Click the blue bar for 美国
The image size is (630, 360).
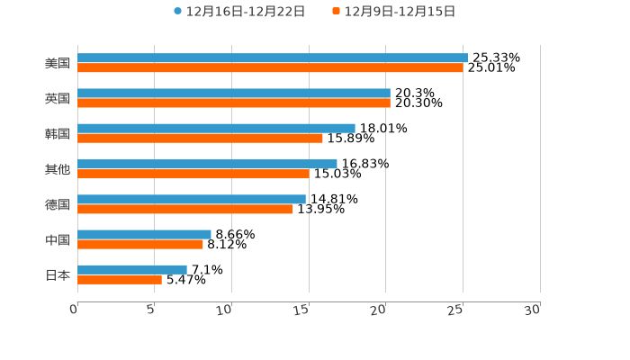273,58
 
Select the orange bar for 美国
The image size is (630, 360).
270,67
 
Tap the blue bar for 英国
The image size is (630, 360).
234,94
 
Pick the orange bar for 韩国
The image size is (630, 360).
200,139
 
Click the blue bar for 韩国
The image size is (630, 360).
216,129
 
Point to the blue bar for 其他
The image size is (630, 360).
207,164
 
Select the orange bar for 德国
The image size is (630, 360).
185,210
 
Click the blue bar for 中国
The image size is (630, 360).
144,234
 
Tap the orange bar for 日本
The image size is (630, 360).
120,280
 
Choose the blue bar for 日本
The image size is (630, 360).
132,270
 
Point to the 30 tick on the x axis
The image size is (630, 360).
533,310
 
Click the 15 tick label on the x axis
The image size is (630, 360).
301,310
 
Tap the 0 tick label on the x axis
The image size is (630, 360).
74,310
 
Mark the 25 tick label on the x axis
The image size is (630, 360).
455,310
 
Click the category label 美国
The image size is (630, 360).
58,63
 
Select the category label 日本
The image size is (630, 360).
58,274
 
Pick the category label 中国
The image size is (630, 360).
58,239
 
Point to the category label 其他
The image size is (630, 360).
58,169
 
